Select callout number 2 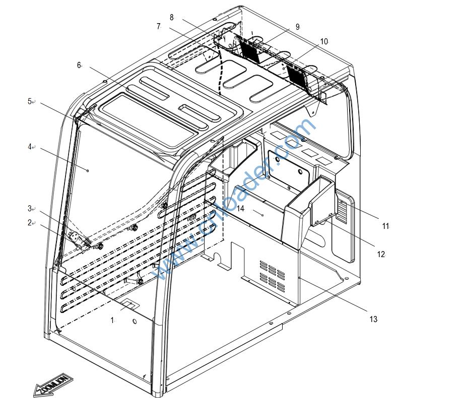coord(30,222)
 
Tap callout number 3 coord(30,208)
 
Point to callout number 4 coord(30,147)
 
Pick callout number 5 coord(30,101)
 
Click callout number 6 coord(79,65)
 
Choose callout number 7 coord(158,26)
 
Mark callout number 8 coord(171,17)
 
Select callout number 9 coord(297,27)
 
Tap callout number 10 coord(323,41)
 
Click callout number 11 coord(385,226)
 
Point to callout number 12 coord(381,255)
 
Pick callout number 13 coord(373,319)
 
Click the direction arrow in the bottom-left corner coord(52,385)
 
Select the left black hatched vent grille coord(249,49)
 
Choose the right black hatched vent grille coord(297,74)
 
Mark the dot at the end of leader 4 coord(88,171)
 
